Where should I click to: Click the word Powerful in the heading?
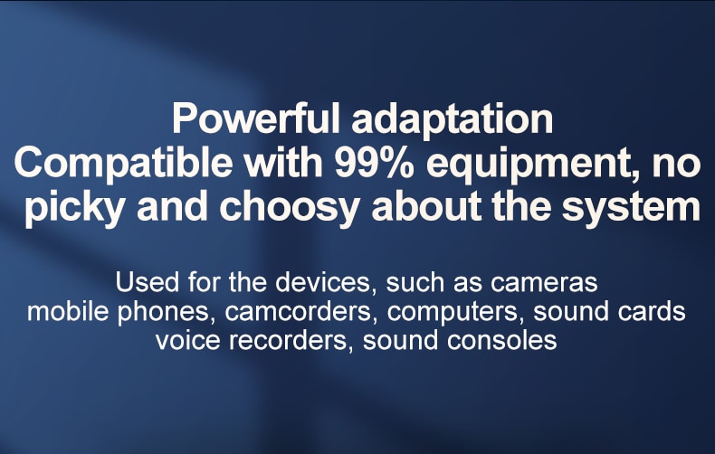coord(256,118)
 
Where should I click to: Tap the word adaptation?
coord(453,119)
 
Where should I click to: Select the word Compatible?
coord(123,164)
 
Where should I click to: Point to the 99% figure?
coord(375,163)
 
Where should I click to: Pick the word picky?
coord(74,207)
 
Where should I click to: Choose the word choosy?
coord(290,208)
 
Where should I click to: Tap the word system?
coord(631,208)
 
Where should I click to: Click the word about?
coord(426,206)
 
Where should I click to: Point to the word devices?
coord(324,282)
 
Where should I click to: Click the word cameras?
coord(544,283)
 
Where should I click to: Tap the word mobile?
coord(68,311)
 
